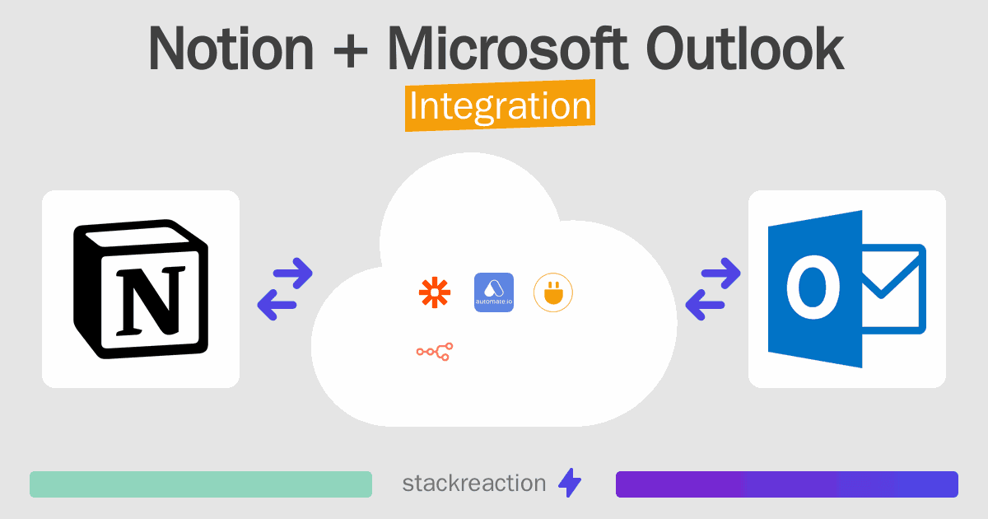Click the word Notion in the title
click(231, 49)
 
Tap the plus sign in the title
click(351, 52)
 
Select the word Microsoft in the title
click(507, 48)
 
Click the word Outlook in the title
click(745, 48)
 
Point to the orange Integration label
click(501, 105)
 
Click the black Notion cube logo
click(141, 288)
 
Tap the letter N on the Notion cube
click(151, 300)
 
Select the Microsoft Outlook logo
click(847, 289)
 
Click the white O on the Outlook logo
click(813, 287)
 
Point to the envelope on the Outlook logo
click(893, 289)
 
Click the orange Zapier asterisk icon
click(435, 292)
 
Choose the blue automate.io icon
click(493, 292)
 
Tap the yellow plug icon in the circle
click(553, 292)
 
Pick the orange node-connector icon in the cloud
click(435, 352)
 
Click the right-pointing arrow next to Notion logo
click(293, 274)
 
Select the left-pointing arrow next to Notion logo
click(277, 305)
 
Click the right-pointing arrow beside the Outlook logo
click(720, 274)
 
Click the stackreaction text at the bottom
click(474, 484)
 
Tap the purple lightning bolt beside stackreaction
click(570, 483)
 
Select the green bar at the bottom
click(201, 484)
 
